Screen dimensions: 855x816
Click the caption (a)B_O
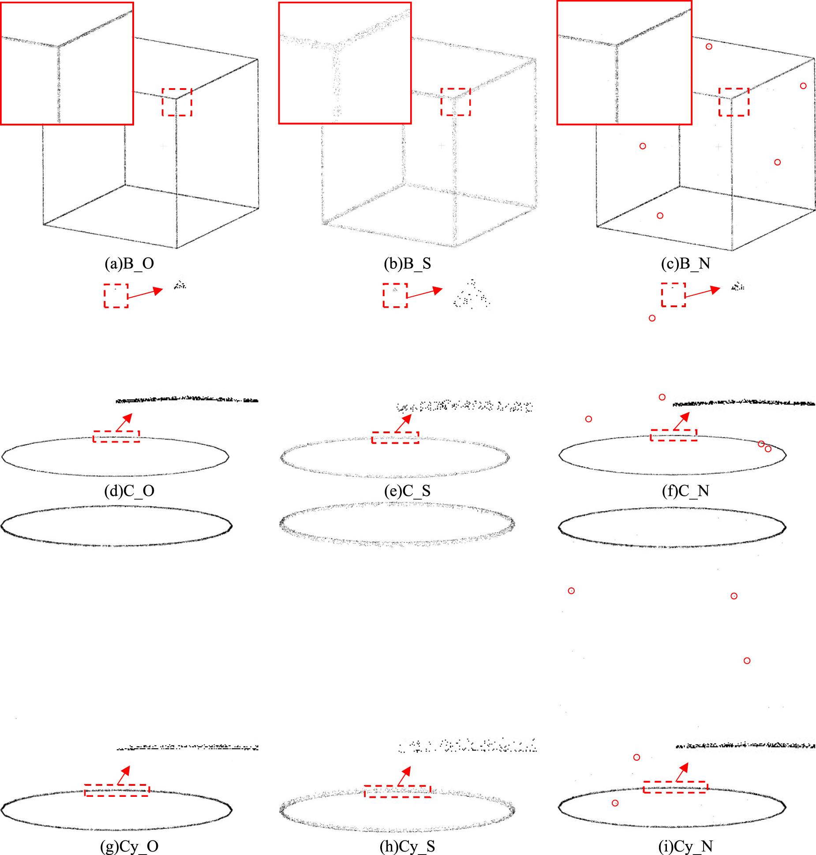(129, 264)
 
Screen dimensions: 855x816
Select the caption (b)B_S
(407, 264)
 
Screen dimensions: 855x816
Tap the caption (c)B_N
(685, 264)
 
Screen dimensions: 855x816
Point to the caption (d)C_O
(129, 491)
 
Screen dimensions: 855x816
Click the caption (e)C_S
(407, 491)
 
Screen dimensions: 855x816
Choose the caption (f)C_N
(685, 491)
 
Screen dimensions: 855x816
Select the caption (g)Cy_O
(129, 846)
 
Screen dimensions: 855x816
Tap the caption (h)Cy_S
(407, 846)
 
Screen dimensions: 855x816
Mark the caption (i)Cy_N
(685, 846)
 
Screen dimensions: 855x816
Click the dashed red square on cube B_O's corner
(177, 102)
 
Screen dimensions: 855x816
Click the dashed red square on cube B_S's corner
(456, 102)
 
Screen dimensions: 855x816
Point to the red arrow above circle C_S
(403, 423)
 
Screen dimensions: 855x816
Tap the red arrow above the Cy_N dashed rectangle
(682, 772)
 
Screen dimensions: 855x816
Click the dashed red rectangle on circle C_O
(116, 436)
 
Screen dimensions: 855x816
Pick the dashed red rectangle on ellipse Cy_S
(397, 791)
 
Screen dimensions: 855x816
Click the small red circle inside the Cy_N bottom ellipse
(615, 803)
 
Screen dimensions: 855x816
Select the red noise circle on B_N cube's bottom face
(660, 216)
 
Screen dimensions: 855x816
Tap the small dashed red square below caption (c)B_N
(673, 294)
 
